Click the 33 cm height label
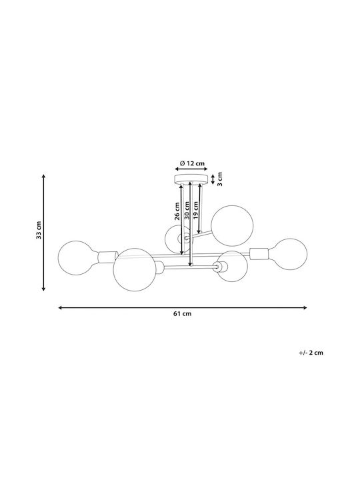[39, 230]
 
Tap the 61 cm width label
[183, 313]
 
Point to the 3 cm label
[220, 179]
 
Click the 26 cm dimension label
[177, 211]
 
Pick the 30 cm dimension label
[187, 211]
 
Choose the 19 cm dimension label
[196, 210]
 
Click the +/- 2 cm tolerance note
[311, 353]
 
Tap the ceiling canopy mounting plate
[191, 179]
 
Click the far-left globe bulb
[75, 258]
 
